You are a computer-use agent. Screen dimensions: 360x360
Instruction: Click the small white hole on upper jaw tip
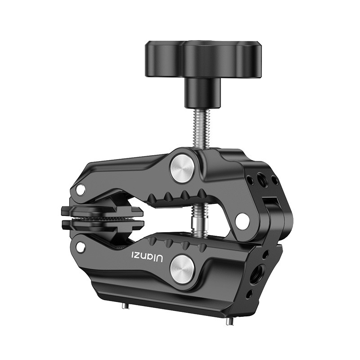coord(81,190)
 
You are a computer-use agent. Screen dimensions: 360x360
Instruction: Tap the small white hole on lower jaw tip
coord(81,247)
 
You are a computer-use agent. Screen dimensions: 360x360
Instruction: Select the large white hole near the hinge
coord(242,220)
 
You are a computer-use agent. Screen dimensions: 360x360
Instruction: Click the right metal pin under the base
coord(230,321)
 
